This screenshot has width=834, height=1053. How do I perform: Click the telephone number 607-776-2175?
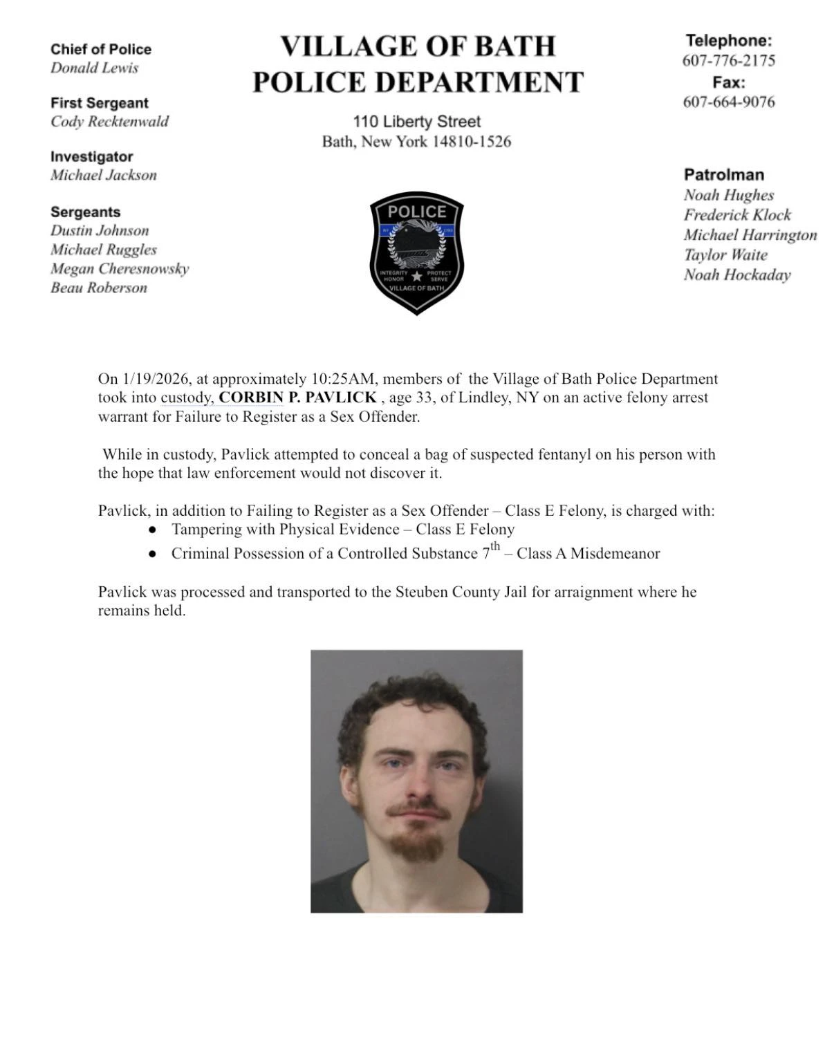point(728,60)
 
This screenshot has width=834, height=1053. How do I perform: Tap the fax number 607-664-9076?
point(728,102)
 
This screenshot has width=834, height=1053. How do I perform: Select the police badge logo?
point(416,252)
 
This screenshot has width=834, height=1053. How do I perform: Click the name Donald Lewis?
point(94,68)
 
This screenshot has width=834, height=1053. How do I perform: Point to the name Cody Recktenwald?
point(109,122)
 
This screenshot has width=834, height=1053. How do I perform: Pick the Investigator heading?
point(91,157)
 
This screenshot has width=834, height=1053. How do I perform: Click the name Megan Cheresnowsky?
point(119,268)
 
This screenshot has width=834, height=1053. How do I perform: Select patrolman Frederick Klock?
point(737,215)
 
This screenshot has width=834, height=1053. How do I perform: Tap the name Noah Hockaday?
point(736,274)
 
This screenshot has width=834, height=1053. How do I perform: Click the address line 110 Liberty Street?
point(416,122)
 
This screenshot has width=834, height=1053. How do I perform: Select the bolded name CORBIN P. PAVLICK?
point(297,398)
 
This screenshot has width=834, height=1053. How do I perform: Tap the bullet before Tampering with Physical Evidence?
point(152,530)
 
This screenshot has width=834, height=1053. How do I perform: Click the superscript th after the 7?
point(495,547)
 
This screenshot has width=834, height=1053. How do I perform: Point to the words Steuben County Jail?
point(461,592)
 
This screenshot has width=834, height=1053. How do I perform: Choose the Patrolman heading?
point(723,175)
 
